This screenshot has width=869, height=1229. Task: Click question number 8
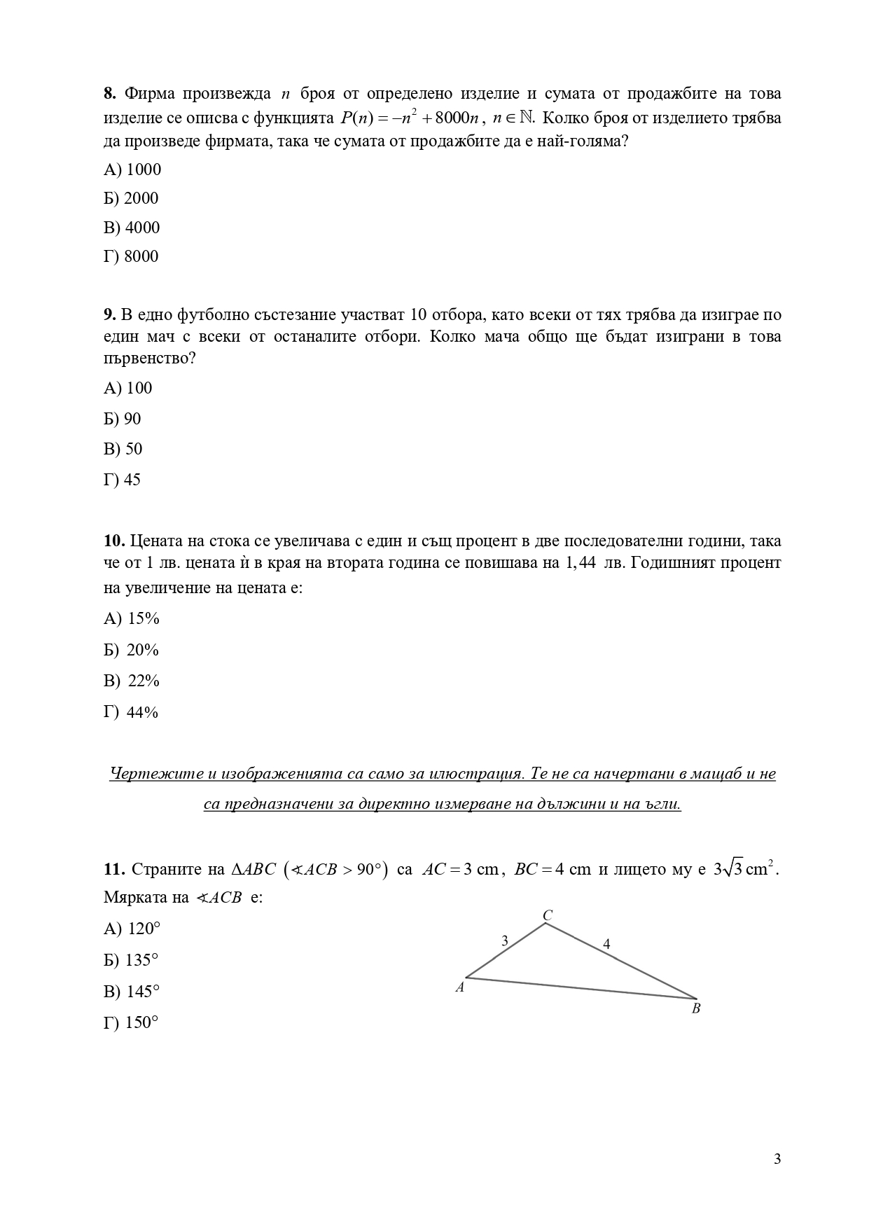109,94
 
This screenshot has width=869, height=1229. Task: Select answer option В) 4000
132,228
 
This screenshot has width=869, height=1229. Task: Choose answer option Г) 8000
131,256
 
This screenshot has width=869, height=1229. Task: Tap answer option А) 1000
132,169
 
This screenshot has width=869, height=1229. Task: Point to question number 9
109,314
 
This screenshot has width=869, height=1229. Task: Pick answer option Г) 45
122,480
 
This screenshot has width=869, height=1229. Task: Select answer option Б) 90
123,419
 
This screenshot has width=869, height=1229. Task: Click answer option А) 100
127,388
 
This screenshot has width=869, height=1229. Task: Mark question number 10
113,541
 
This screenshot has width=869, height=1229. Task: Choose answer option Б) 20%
132,650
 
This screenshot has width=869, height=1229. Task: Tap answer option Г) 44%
131,712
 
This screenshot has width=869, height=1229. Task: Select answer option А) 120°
132,929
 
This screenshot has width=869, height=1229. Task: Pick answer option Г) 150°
131,1022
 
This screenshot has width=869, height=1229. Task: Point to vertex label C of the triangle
548,915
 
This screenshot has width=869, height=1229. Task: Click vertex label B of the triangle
696,1009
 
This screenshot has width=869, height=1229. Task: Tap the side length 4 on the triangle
606,944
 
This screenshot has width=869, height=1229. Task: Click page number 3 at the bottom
777,1158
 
